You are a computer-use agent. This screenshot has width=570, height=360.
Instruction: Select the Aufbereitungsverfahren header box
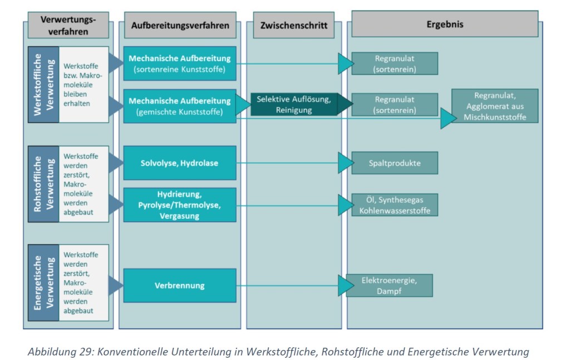tap(179, 26)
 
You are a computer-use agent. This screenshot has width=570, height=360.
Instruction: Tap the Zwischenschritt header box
tap(293, 26)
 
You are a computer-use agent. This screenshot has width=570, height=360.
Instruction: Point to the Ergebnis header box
tap(445, 24)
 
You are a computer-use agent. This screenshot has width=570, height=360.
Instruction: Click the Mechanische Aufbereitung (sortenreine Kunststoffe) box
tap(180, 64)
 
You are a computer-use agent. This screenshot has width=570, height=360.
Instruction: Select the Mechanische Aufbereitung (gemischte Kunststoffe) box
tap(180, 106)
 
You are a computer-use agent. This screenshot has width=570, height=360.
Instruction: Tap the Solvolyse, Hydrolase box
tap(180, 163)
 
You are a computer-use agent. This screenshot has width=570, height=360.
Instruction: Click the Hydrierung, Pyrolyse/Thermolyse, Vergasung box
tap(180, 205)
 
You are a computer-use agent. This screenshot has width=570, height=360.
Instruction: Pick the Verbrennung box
tap(180, 286)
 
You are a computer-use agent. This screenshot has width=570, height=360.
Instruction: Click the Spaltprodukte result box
tap(395, 163)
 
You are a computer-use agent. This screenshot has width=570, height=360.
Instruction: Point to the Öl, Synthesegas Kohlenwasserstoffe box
tap(395, 205)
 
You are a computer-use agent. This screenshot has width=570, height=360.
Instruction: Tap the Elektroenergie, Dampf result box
tap(389, 285)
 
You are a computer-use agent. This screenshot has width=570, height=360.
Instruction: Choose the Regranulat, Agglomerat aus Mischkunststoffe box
tap(495, 106)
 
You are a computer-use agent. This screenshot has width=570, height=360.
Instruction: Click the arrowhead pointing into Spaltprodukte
tap(345, 163)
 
